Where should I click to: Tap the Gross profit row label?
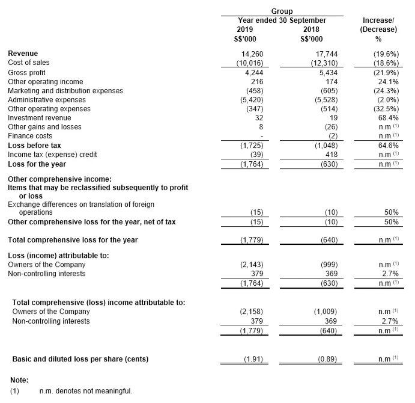pos(28,72)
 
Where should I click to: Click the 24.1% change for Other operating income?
pos(387,81)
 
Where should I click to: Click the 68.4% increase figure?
pos(387,118)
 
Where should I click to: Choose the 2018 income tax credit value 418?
pos(333,155)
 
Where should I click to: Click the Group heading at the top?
pos(282,11)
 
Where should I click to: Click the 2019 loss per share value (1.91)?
pos(252,360)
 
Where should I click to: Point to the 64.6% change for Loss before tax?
pos(387,146)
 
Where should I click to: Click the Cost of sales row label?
pos(29,63)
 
